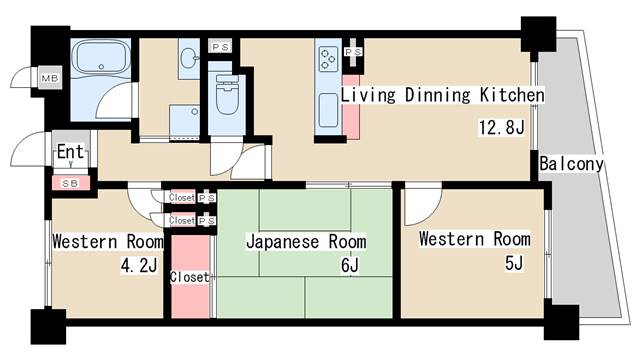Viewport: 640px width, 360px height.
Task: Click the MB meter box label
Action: point(48,78)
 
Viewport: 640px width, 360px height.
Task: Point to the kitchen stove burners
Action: point(328,58)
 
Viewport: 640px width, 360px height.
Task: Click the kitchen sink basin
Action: point(327,109)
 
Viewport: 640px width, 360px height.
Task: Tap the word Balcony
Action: point(571,163)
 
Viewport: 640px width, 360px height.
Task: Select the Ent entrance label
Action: point(70,152)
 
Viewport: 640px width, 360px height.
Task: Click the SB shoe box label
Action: point(70,184)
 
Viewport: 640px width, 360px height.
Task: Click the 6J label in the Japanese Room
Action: point(349,266)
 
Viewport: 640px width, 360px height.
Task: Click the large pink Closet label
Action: point(189,277)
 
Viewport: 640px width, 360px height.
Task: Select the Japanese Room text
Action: point(306,242)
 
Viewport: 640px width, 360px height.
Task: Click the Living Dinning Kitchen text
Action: point(442,96)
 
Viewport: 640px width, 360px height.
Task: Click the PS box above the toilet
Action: point(218,46)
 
